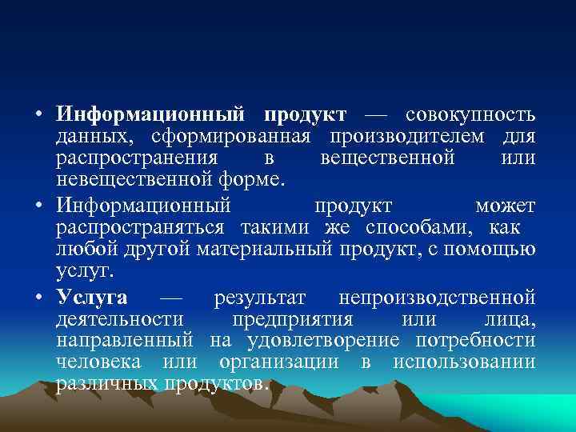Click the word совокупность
470,114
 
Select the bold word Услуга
92,298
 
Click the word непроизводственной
437,298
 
